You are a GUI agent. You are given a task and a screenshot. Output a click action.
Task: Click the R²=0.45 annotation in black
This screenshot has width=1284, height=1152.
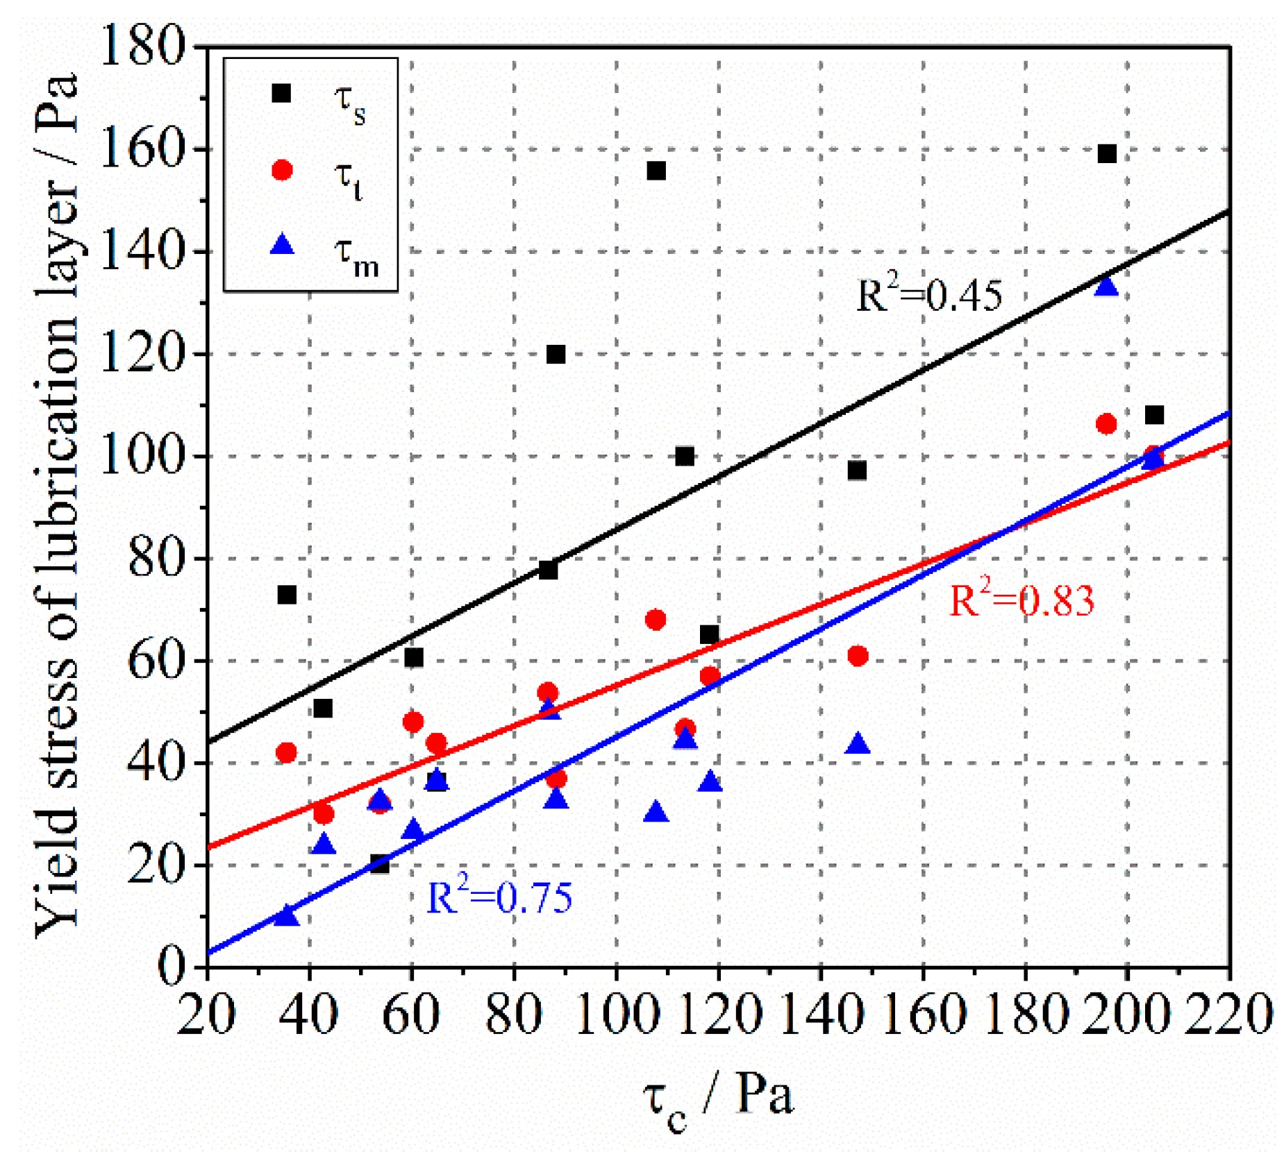coord(928,295)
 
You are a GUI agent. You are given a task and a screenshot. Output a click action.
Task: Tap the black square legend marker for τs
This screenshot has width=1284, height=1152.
coord(281,93)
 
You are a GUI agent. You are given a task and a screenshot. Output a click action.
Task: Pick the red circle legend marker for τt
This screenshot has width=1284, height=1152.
coord(281,170)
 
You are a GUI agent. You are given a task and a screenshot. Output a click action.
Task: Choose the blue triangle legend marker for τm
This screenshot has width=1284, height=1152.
coord(281,245)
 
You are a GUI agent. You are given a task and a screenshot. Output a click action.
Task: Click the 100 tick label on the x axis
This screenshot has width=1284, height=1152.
coord(616,1015)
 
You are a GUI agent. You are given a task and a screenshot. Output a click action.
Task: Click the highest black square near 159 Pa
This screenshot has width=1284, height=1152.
coord(1106,153)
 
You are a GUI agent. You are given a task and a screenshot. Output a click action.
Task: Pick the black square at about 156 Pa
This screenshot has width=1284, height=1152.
coord(656,171)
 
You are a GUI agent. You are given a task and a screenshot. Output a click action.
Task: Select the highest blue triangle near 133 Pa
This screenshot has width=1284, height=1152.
coord(1106,287)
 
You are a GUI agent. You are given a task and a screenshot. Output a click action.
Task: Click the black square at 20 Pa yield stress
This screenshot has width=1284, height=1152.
coord(380,864)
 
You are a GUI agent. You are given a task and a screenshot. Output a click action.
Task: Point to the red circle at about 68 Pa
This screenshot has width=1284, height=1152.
coord(656,619)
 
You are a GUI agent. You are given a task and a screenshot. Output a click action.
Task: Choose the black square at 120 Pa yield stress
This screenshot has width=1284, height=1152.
coord(556,355)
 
